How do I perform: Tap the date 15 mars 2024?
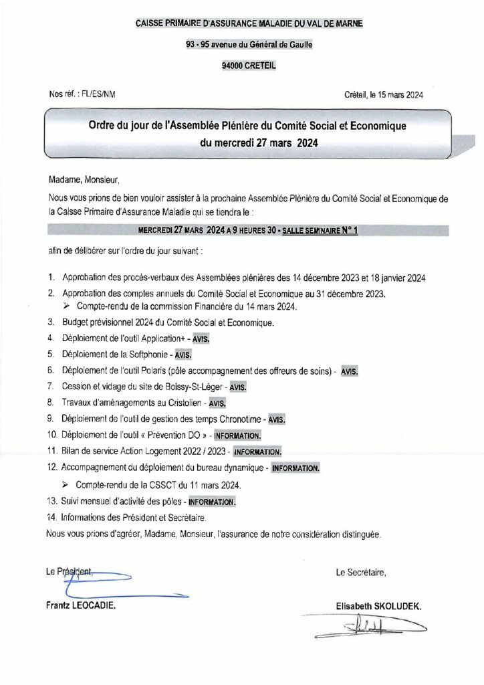point(402,96)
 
